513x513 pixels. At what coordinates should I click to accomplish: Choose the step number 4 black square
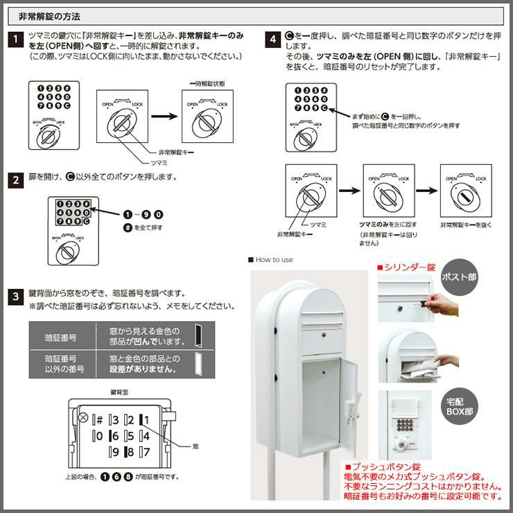pos(274,39)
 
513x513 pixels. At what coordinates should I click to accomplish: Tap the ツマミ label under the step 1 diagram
pos(159,162)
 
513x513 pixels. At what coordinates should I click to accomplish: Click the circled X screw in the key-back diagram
pos(84,418)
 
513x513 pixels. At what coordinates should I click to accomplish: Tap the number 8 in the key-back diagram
pos(129,453)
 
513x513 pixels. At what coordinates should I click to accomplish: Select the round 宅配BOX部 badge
pos(459,406)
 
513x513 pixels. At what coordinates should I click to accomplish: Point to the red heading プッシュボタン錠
pos(385,467)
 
